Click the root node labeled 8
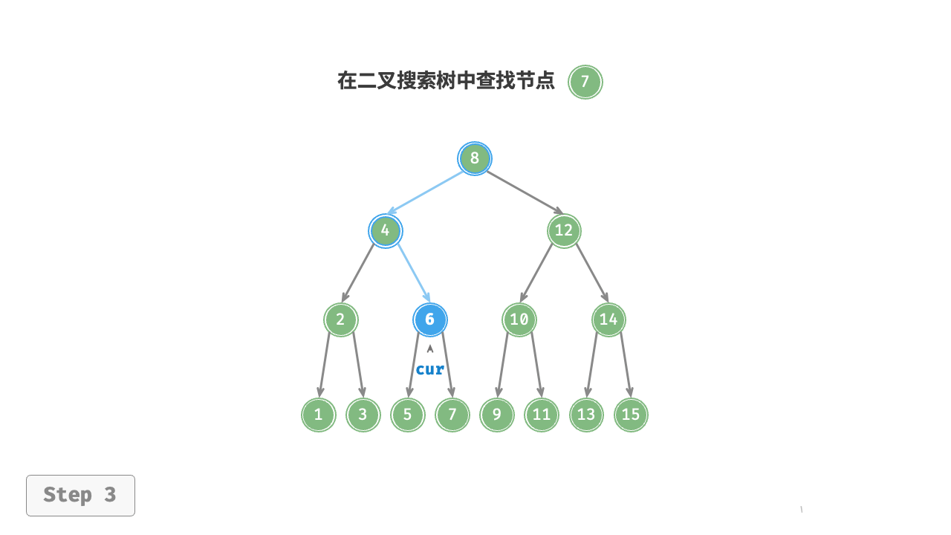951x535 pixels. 475,158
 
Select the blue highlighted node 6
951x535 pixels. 430,320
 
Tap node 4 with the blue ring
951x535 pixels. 386,231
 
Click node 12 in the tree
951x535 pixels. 564,231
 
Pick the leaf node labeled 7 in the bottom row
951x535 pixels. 452,415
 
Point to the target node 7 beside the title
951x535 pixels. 585,82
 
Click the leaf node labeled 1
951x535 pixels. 319,415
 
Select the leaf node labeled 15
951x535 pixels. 631,415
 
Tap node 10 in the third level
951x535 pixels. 519,320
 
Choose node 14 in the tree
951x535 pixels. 608,320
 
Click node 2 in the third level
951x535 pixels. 341,320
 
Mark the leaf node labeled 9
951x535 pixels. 497,415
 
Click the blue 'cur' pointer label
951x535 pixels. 430,369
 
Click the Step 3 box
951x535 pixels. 81,496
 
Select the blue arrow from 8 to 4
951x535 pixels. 425,193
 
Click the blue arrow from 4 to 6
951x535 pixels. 415,273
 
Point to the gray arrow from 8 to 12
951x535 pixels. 525,192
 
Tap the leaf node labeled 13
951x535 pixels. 586,415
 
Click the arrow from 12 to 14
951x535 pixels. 592,273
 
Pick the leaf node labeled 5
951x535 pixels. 408,415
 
